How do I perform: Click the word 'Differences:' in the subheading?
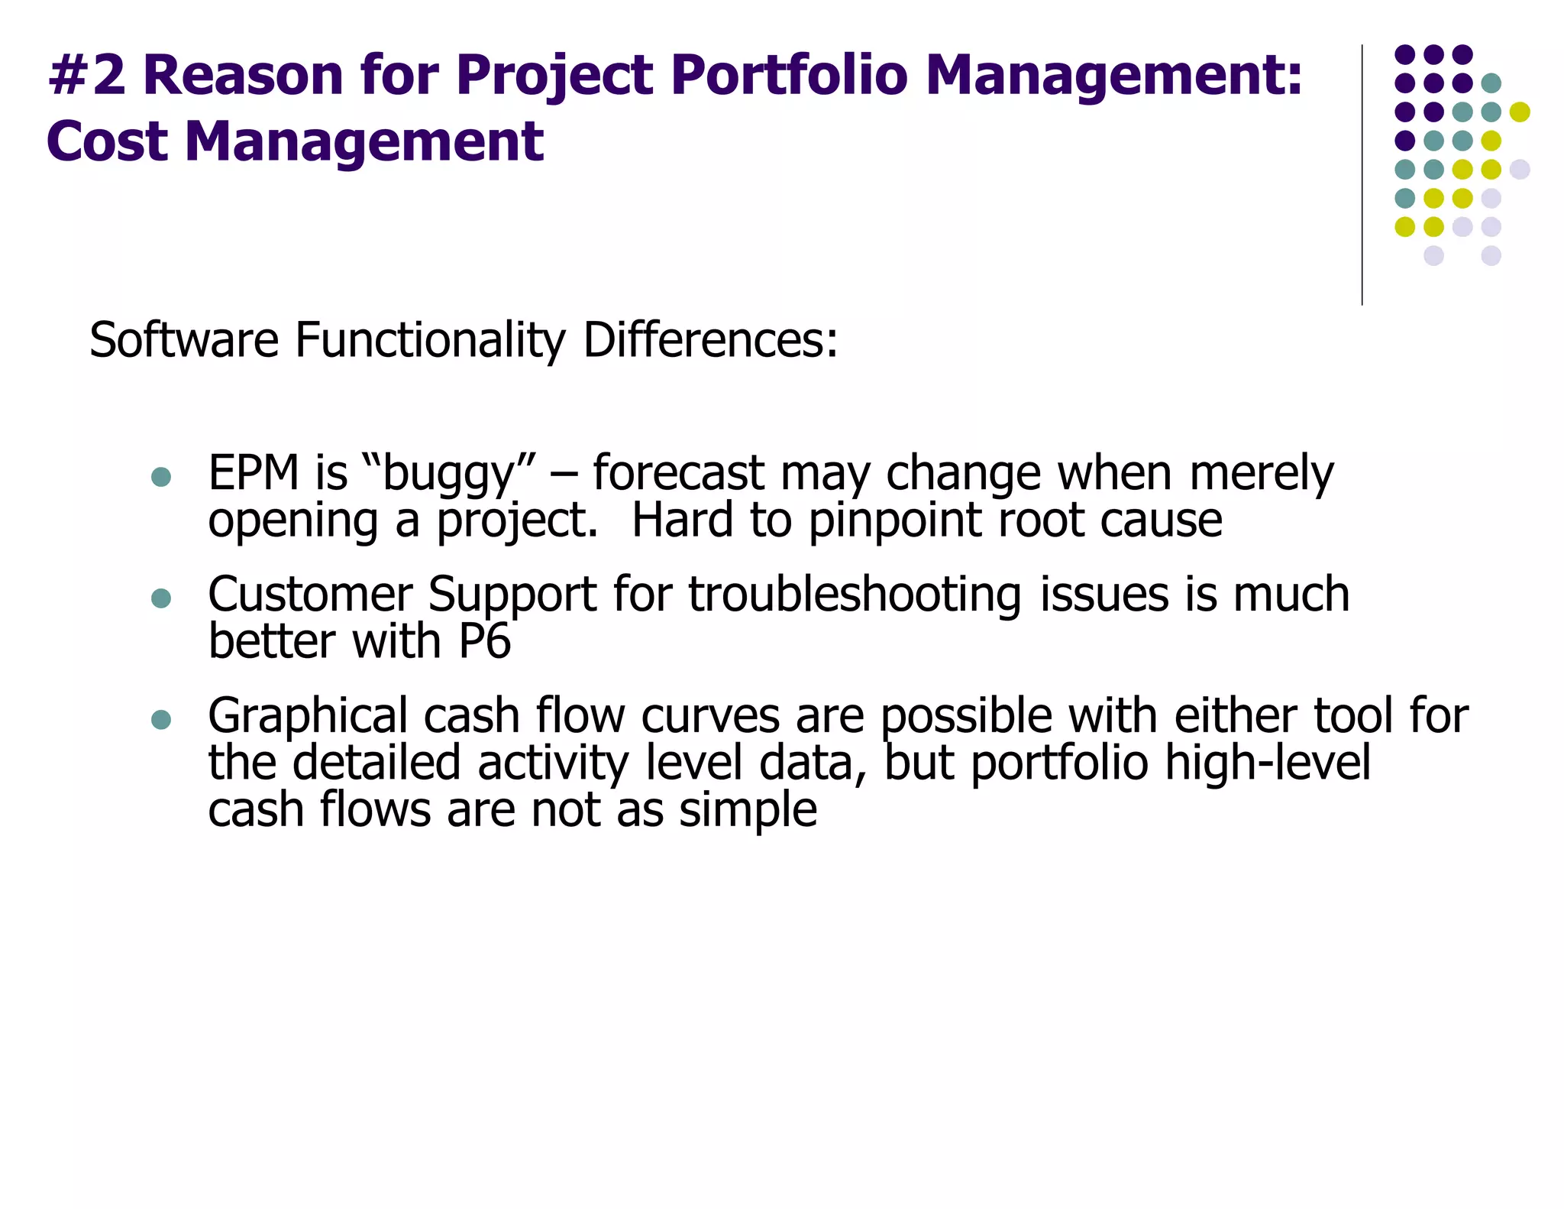(710, 340)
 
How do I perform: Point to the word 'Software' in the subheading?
(184, 340)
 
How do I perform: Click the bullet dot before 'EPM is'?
(161, 478)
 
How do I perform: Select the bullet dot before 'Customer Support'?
(161, 598)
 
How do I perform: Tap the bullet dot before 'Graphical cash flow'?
(161, 720)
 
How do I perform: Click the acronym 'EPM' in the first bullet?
(254, 473)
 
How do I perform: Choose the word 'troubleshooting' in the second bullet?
(855, 595)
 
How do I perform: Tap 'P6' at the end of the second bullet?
(484, 641)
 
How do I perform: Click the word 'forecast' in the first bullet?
(678, 473)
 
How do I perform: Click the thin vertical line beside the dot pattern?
(1362, 176)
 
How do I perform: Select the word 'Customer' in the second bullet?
(309, 595)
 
